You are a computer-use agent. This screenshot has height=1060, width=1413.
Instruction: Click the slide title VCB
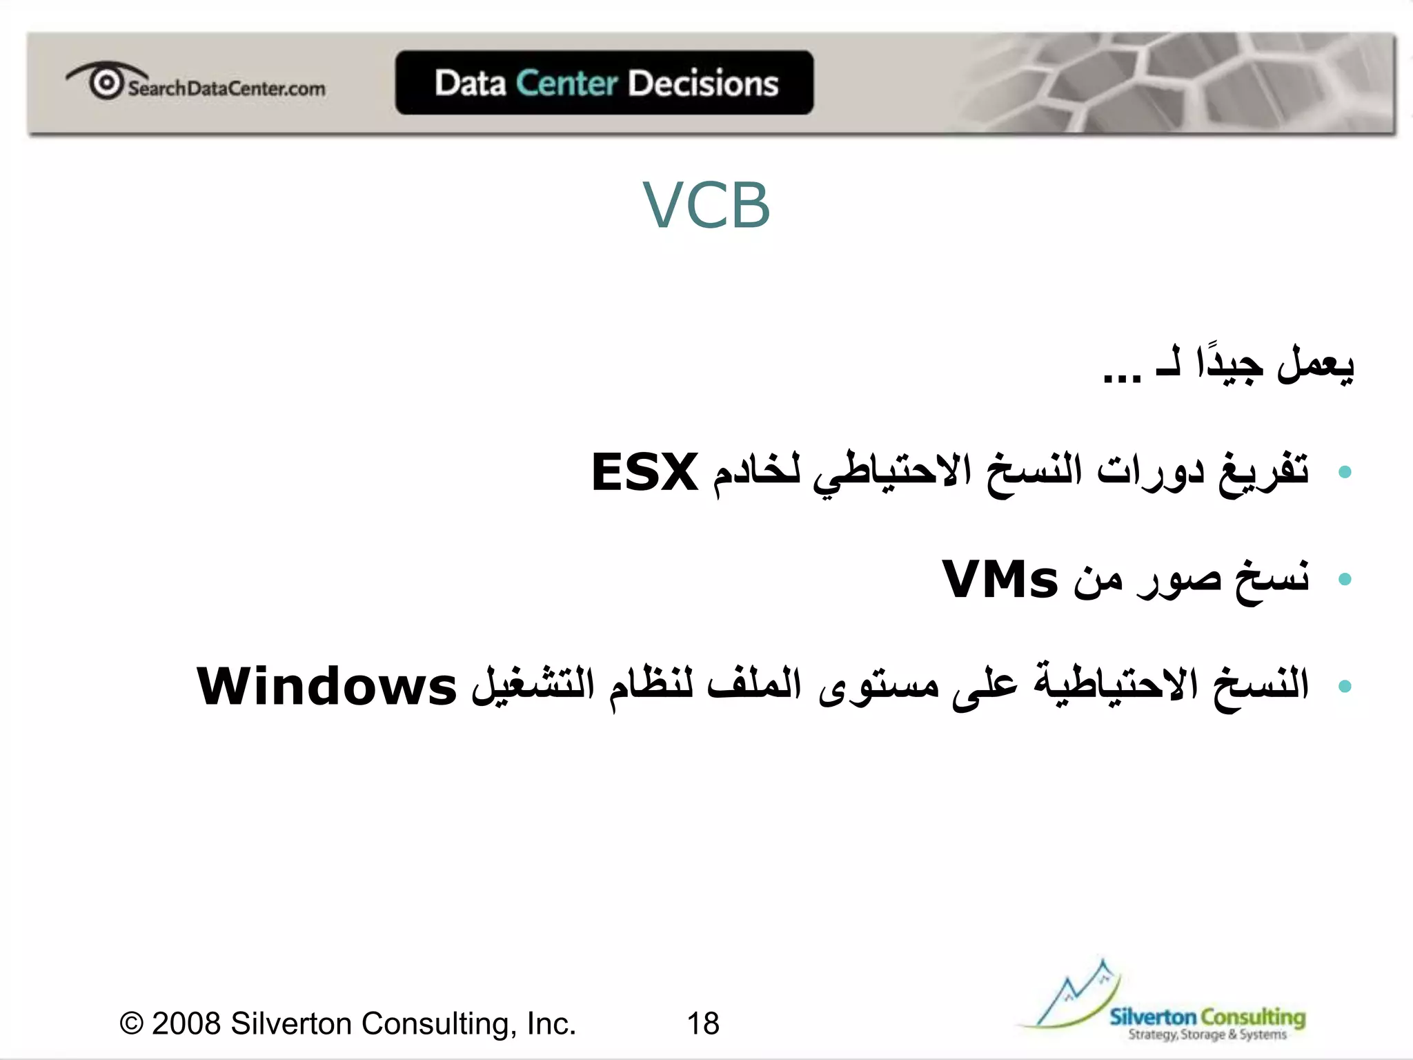[706, 205]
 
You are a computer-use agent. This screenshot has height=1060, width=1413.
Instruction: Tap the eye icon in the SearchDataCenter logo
[106, 82]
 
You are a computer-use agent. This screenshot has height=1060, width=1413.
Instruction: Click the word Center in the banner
[566, 84]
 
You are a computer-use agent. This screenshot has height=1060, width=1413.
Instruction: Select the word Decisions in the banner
[703, 84]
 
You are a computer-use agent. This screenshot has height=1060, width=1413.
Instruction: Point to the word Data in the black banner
[471, 84]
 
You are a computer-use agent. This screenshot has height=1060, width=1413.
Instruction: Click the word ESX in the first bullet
[645, 473]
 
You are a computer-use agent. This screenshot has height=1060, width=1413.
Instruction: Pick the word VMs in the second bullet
[1000, 580]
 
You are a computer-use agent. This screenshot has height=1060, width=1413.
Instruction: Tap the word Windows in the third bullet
[326, 687]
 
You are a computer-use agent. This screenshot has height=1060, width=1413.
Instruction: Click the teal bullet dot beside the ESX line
[1344, 473]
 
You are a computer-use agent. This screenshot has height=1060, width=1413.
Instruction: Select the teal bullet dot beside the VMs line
[1344, 579]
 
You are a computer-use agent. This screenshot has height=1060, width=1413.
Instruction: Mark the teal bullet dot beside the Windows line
[1344, 686]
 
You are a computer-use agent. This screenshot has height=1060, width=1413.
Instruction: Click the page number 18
[703, 1023]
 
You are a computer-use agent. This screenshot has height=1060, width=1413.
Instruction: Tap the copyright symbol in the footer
[131, 1023]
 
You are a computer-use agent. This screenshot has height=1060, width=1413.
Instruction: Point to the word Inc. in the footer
[551, 1023]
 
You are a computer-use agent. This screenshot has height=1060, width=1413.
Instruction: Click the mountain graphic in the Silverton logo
[1076, 994]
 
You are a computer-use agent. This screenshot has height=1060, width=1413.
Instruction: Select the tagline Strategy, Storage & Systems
[1207, 1034]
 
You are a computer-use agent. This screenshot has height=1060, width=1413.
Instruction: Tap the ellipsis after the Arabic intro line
[1122, 377]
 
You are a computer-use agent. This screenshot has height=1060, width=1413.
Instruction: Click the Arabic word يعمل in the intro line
[1315, 364]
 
